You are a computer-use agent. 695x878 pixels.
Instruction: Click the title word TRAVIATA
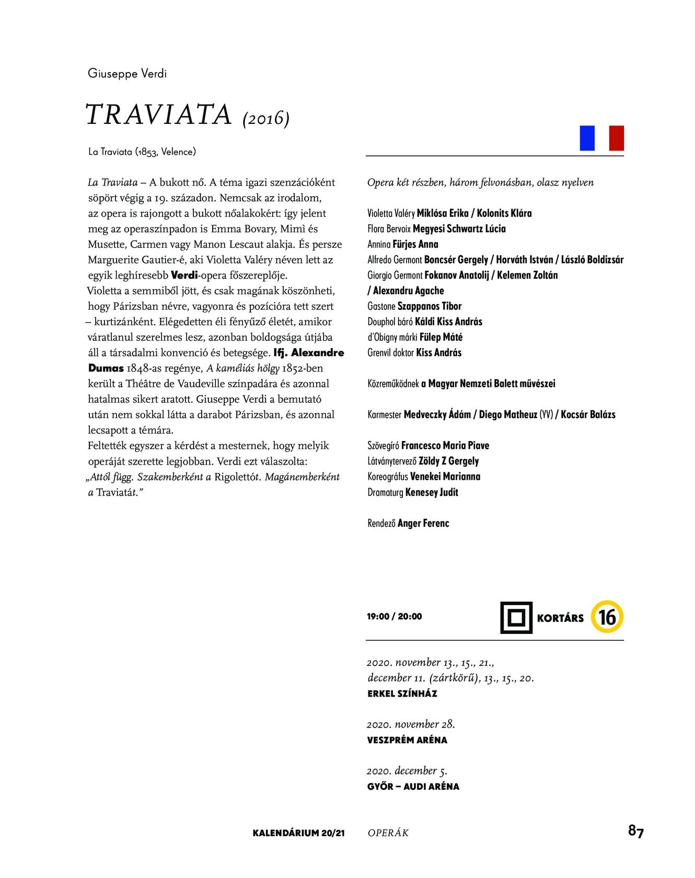[x=158, y=115]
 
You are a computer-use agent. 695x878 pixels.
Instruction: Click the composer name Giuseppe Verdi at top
[x=127, y=73]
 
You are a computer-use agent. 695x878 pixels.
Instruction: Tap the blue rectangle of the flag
[x=587, y=138]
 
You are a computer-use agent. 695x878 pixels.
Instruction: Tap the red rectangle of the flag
[x=617, y=138]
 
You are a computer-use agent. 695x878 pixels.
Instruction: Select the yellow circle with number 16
[x=607, y=617]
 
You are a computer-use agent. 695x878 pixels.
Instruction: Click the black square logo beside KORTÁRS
[x=516, y=618]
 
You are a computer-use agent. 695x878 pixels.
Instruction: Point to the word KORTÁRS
[x=560, y=618]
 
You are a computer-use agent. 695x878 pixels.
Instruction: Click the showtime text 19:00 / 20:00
[x=394, y=617]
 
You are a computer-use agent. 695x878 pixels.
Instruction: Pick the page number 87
[x=635, y=831]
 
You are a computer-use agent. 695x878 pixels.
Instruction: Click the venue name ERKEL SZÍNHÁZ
[x=402, y=694]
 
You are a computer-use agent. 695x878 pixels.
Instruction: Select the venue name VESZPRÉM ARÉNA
[x=407, y=740]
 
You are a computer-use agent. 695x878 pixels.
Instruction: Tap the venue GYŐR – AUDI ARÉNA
[x=413, y=787]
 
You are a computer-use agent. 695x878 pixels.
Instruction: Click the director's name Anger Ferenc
[x=423, y=523]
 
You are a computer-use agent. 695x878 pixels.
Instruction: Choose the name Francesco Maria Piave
[x=445, y=446]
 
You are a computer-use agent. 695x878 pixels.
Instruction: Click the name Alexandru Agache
[x=408, y=291]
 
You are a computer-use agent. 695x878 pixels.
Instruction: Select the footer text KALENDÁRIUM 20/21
[x=298, y=833]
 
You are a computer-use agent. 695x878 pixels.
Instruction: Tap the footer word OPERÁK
[x=388, y=833]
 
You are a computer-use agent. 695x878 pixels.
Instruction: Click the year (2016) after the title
[x=266, y=119]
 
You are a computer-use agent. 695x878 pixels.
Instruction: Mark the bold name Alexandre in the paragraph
[x=318, y=353]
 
